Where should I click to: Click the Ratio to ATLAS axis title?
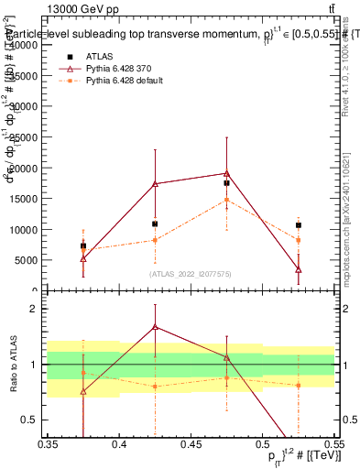pos(12,365)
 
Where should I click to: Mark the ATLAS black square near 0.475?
pos(226,183)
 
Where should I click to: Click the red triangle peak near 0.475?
pos(226,173)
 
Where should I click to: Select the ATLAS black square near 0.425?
pos(155,224)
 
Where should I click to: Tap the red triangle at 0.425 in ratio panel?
pos(155,326)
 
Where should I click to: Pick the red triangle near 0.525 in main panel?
pos(299,269)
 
